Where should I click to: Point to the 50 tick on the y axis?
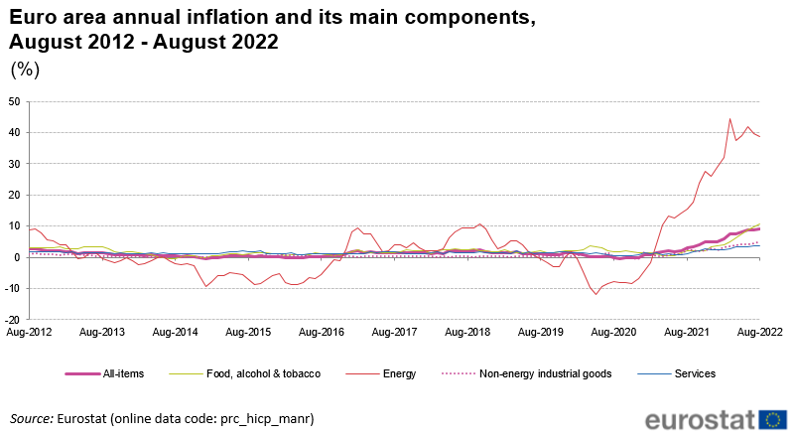click(x=14, y=101)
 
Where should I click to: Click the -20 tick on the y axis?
click(x=12, y=320)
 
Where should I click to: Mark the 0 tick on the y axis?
click(x=17, y=257)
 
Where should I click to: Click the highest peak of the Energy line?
click(x=729, y=119)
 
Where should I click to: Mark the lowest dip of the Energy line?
click(x=596, y=294)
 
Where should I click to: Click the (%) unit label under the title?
click(x=24, y=69)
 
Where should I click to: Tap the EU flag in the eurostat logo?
click(x=773, y=418)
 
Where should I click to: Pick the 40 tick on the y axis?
click(x=14, y=132)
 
